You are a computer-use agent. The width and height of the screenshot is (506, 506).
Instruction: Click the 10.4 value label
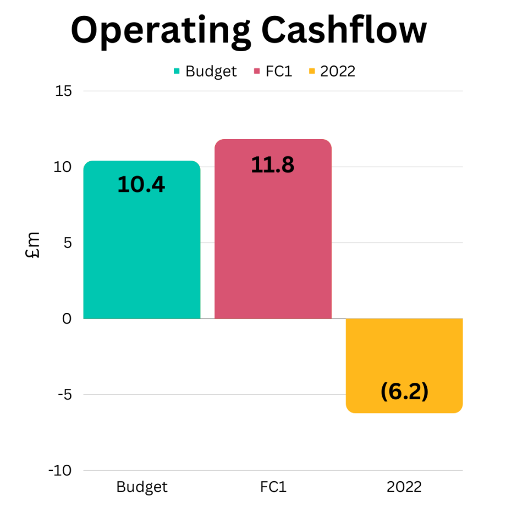tap(141, 185)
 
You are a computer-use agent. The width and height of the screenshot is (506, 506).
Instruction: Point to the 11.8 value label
tap(273, 165)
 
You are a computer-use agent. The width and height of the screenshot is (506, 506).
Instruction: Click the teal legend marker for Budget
tap(177, 71)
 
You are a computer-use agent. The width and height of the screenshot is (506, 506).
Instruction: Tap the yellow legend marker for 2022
tap(312, 71)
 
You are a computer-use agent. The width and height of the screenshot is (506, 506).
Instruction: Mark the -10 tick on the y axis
tap(61, 470)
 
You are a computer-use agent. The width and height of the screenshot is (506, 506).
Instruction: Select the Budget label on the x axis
tap(142, 487)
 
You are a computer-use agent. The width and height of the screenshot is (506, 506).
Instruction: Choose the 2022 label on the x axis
tap(404, 487)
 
